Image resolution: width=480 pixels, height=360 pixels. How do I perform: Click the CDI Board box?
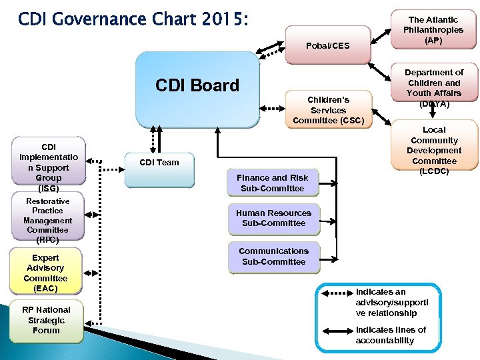tap(197, 89)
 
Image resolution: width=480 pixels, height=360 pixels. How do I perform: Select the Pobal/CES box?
tap(327, 45)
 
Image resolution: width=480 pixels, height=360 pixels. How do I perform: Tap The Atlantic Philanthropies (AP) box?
tap(434, 31)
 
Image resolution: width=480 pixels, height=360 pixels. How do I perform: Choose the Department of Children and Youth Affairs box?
tap(435, 87)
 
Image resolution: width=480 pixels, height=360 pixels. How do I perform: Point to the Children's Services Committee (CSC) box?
tap(328, 110)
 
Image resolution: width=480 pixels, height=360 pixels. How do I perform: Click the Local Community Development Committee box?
tap(434, 151)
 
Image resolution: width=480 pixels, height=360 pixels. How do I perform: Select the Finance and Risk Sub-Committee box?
tap(272, 183)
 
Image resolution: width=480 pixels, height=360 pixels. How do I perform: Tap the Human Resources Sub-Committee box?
tap(273, 218)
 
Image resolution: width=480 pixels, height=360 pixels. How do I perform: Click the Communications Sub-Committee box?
tap(273, 256)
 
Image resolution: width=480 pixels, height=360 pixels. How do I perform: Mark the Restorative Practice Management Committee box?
tap(47, 220)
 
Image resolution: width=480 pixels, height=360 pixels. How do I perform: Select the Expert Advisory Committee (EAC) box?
tap(46, 273)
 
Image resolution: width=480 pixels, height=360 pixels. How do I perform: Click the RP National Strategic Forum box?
tap(46, 320)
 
